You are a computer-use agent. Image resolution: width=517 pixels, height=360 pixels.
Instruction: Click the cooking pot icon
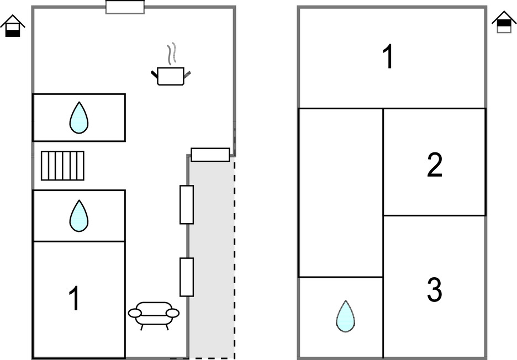170,76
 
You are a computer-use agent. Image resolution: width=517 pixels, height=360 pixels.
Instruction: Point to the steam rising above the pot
173,53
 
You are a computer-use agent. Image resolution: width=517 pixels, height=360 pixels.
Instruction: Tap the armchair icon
154,315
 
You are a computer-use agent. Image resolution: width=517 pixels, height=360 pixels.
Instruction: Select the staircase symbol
62,166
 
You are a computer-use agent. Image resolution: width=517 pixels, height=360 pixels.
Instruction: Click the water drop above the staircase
79,118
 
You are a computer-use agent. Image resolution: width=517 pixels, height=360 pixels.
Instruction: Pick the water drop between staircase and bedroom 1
79,215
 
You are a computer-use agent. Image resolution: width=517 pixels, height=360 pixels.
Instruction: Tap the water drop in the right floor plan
345,316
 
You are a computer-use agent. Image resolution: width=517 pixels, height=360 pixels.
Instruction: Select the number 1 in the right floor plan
389,57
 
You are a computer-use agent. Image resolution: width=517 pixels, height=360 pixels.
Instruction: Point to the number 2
435,165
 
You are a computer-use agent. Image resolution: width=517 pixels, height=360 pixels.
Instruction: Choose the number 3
435,290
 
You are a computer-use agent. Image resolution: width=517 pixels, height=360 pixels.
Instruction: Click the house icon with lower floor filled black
13,26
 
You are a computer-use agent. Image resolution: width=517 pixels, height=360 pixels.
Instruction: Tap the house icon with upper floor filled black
504,23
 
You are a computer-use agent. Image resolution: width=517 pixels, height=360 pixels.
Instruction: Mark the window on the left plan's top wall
125,7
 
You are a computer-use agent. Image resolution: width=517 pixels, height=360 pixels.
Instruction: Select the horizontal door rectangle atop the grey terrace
210,155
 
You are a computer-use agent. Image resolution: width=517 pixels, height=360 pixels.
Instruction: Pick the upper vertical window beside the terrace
187,205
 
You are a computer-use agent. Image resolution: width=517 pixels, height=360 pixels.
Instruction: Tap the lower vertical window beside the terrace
187,277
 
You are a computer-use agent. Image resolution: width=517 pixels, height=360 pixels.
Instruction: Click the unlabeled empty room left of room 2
340,192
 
